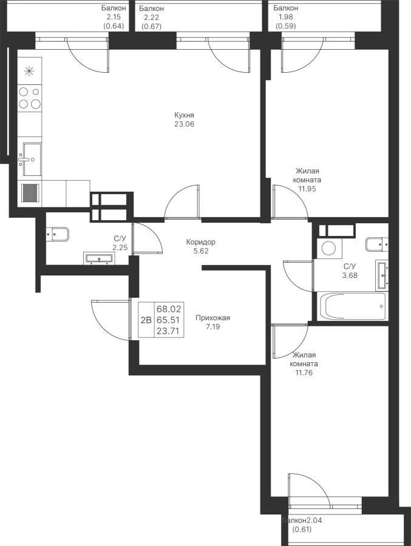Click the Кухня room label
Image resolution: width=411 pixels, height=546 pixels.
click(184, 115)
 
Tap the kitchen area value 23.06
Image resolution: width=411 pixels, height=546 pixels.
click(184, 124)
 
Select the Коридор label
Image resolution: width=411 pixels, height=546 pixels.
click(200, 241)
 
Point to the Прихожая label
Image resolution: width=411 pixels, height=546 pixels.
click(212, 318)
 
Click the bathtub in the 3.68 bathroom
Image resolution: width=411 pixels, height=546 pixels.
click(353, 306)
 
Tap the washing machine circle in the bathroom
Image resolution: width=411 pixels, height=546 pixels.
click(328, 248)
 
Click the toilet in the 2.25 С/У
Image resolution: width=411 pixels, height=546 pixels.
click(58, 234)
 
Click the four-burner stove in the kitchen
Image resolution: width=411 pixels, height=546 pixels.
click(30, 98)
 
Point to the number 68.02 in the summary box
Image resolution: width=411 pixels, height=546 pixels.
click(168, 309)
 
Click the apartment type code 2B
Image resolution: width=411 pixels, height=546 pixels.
click(146, 320)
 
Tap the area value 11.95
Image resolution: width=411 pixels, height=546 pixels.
click(307, 189)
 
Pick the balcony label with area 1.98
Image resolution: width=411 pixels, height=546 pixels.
click(285, 8)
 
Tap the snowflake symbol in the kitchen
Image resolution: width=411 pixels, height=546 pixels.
click(29, 71)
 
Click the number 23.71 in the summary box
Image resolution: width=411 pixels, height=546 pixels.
click(168, 331)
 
